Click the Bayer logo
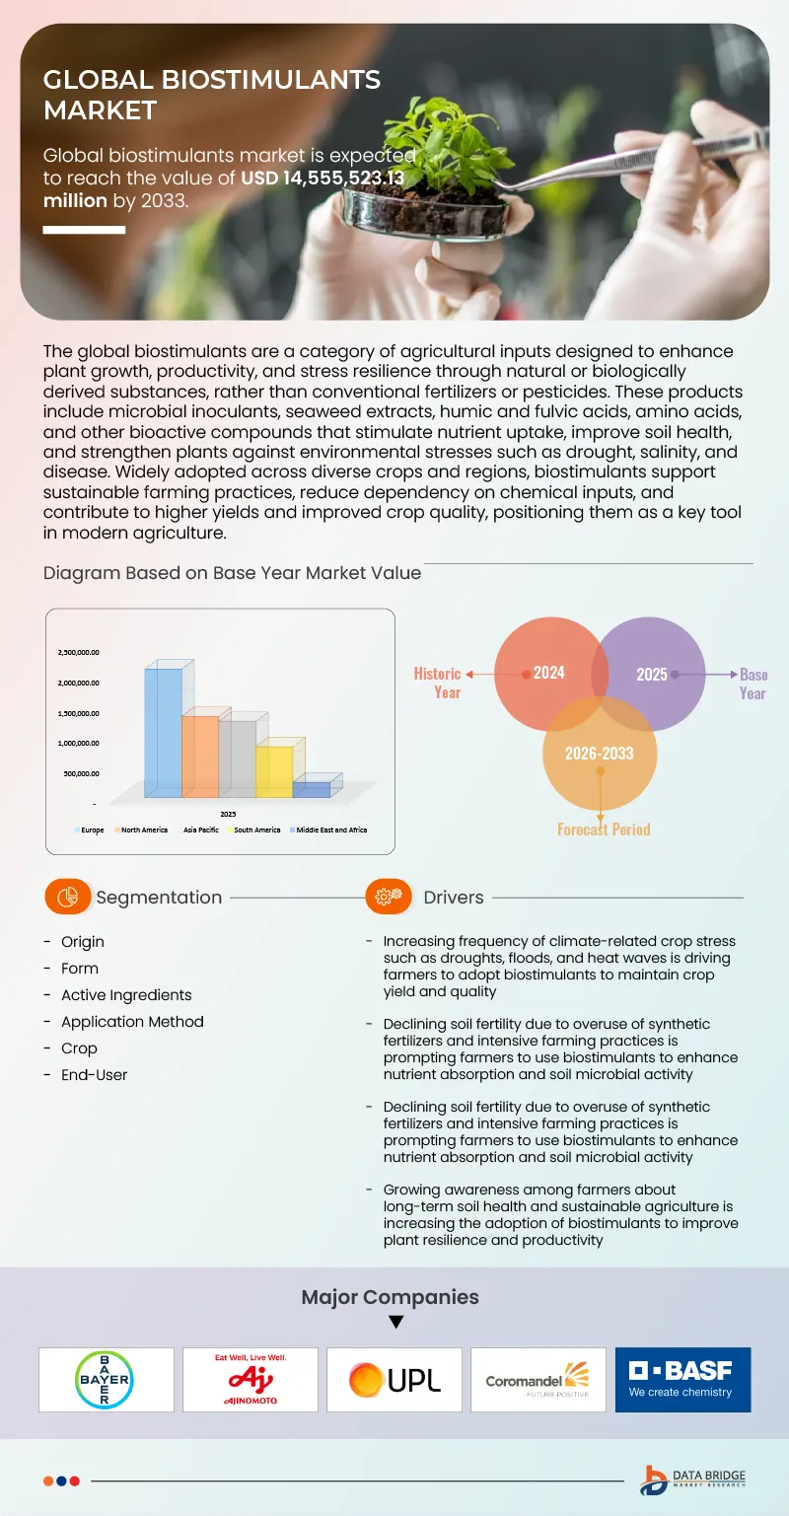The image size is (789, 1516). [x=106, y=1379]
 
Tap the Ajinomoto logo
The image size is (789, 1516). [x=251, y=1379]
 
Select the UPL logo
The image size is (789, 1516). [x=394, y=1379]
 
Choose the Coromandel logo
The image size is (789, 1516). [x=538, y=1379]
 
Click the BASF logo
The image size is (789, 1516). [x=681, y=1379]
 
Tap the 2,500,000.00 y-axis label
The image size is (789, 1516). [x=79, y=652]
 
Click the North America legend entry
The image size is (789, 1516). [x=144, y=830]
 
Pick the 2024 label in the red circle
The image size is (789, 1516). [x=549, y=673]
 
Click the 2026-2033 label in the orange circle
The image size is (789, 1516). [x=599, y=754]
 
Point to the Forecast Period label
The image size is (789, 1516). [x=604, y=830]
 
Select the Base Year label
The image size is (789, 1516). [x=753, y=684]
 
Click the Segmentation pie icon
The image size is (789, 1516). [x=68, y=897]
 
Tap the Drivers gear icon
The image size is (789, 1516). [x=389, y=897]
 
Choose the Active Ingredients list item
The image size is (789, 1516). [x=126, y=995]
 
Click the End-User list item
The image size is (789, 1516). [x=94, y=1075]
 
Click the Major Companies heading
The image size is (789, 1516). [x=390, y=1297]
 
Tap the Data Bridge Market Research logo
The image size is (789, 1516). [x=692, y=1480]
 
